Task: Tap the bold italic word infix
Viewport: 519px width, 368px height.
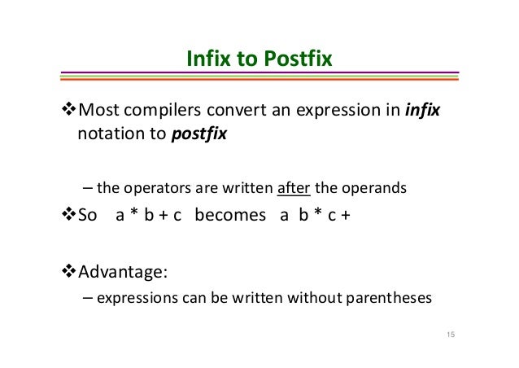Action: point(422,110)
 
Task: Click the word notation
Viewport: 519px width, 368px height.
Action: point(108,134)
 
